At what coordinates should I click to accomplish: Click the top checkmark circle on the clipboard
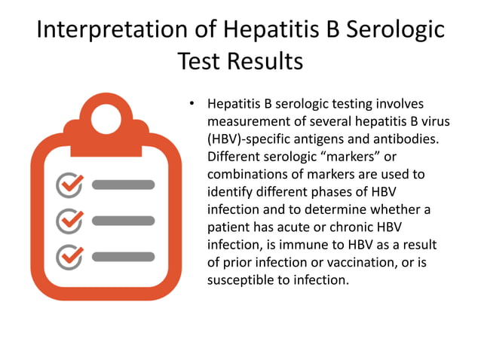(70, 184)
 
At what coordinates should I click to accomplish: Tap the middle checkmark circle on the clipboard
(70, 220)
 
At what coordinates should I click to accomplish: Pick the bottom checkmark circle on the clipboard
(70, 256)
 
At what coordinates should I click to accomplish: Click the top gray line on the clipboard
(123, 185)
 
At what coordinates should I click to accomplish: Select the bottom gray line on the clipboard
(123, 257)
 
